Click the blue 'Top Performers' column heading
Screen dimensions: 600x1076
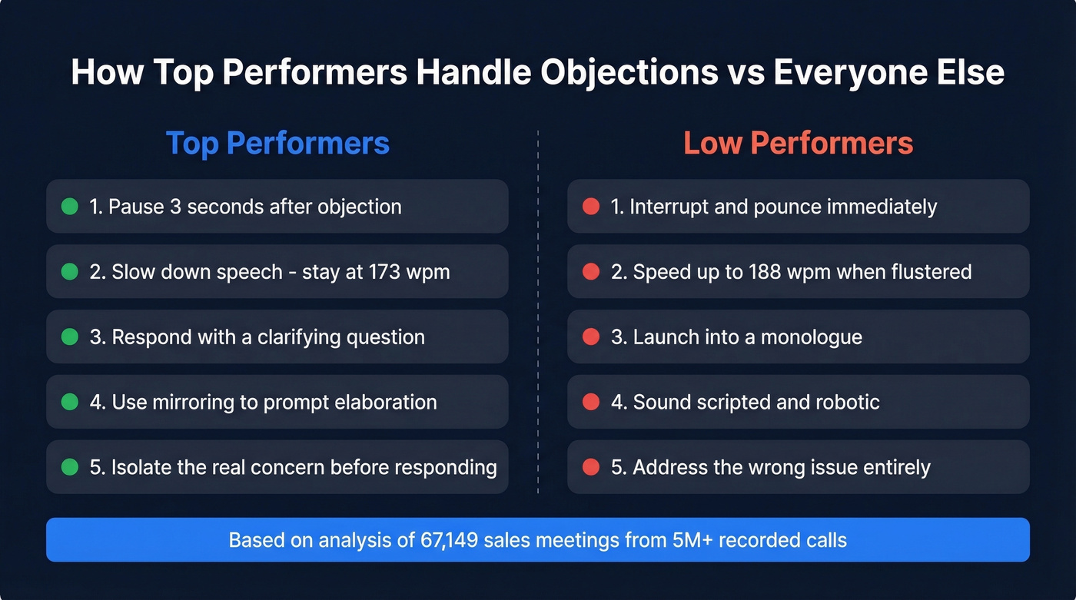[x=277, y=144]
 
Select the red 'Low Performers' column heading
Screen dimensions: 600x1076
[x=798, y=144]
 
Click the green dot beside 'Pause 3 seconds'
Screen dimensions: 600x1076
[x=70, y=206]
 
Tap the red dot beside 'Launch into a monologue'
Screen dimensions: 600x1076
[x=591, y=336]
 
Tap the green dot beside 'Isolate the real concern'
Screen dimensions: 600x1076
[x=70, y=467]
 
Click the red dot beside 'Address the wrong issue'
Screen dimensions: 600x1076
[x=591, y=467]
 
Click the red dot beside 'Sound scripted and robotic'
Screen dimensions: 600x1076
[x=591, y=402]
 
